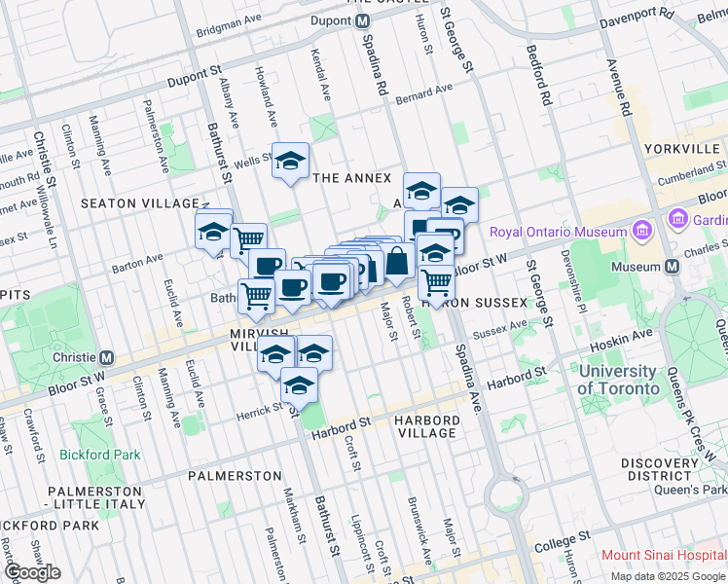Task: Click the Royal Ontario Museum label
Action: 558,232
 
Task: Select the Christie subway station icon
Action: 107,357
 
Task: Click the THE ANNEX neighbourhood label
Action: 351,178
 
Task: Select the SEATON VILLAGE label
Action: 139,203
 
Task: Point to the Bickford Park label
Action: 99,455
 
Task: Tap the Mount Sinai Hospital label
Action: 663,556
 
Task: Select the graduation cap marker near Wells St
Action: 290,162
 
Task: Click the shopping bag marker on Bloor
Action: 397,262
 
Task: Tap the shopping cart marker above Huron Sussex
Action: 437,282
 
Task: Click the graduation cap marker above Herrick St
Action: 299,385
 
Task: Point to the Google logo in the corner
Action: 31,572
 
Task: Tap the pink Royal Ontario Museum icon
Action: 640,232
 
